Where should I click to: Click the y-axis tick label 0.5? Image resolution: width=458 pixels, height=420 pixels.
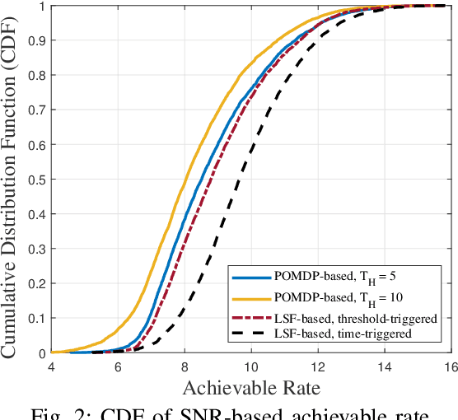35,180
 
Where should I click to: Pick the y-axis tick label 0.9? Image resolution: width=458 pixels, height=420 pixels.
35,40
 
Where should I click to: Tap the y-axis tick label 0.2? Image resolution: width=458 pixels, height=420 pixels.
35,284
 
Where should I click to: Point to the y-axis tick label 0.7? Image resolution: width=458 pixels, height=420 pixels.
35,110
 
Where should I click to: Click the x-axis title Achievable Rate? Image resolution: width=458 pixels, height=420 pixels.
251,387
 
